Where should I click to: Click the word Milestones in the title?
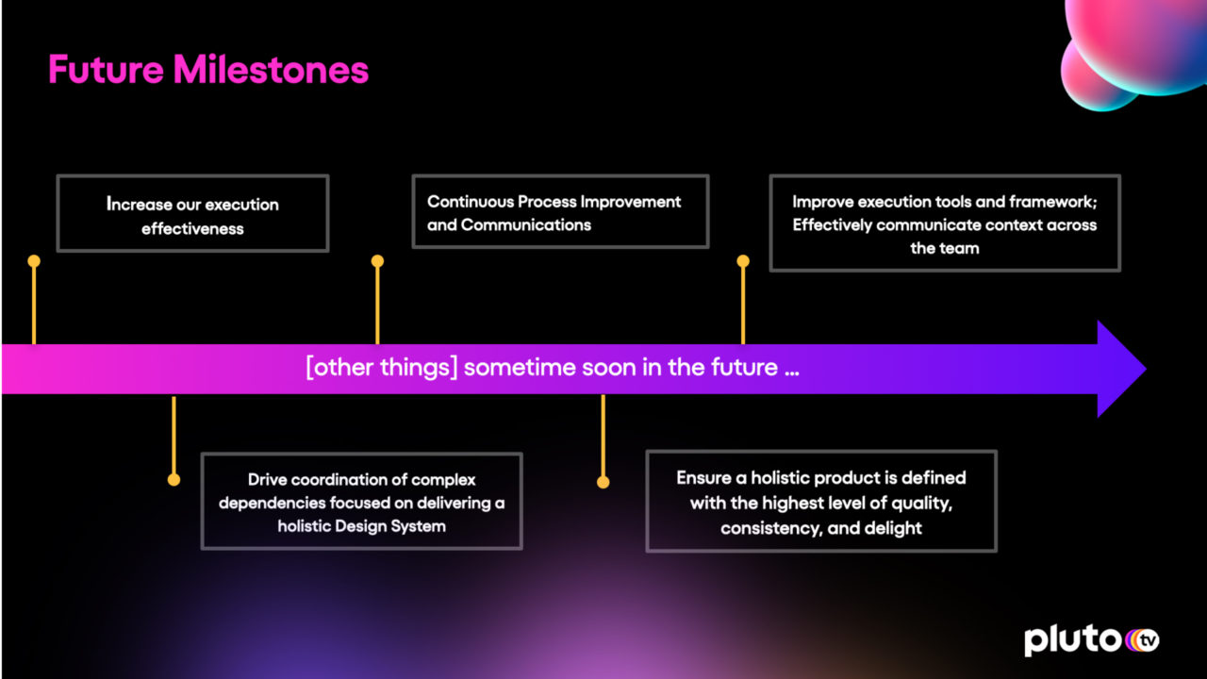pos(271,69)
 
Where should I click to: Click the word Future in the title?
pos(106,69)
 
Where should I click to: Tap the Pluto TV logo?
pos(1092,640)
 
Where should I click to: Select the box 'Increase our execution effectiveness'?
pos(192,213)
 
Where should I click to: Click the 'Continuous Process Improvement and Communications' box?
pos(560,211)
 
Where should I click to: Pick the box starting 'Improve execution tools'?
pos(945,223)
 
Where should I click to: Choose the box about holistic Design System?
pos(361,501)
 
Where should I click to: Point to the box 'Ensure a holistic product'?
pos(821,501)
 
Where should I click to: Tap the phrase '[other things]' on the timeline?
pos(382,368)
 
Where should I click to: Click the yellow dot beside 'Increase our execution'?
pos(34,261)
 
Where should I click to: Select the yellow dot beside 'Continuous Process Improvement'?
pos(377,261)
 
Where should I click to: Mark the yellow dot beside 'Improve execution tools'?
pos(743,261)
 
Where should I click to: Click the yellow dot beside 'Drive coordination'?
pos(174,480)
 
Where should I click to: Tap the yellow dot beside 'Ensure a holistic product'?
pos(603,482)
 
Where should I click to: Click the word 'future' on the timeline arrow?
pos(744,368)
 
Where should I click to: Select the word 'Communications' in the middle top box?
pos(526,224)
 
